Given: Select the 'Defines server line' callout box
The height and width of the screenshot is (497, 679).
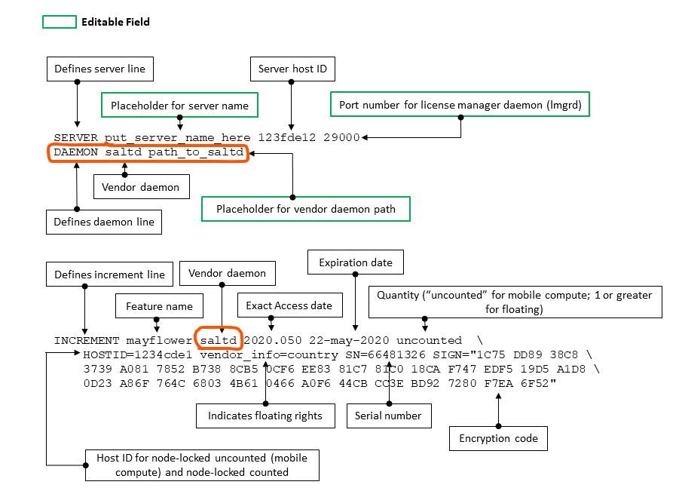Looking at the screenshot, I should pyautogui.click(x=99, y=69).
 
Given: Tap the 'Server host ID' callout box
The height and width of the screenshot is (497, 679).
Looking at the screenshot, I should pyautogui.click(x=292, y=69).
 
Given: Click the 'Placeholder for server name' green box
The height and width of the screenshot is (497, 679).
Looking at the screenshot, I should pyautogui.click(x=179, y=106).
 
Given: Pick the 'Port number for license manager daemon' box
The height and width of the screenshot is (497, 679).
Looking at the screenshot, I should pyautogui.click(x=460, y=105).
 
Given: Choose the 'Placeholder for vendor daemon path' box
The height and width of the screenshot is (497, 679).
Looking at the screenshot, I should pyautogui.click(x=305, y=209).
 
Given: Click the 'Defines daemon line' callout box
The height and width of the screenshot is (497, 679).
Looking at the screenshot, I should pyautogui.click(x=104, y=222).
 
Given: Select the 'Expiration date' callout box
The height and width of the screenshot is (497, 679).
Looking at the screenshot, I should pyautogui.click(x=355, y=262).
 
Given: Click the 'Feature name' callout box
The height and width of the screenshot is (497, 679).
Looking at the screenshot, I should pyautogui.click(x=159, y=306).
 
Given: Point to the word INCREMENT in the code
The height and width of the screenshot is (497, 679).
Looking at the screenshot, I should pyautogui.click(x=87, y=340).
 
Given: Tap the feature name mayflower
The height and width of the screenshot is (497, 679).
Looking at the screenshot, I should pyautogui.click(x=158, y=340).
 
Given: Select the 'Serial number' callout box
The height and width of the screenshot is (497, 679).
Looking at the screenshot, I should pyautogui.click(x=388, y=416).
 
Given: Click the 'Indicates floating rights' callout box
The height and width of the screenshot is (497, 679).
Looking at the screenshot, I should pyautogui.click(x=265, y=416).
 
